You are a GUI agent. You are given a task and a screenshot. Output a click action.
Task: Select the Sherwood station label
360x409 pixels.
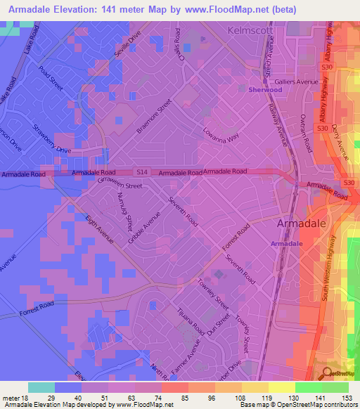(265, 90)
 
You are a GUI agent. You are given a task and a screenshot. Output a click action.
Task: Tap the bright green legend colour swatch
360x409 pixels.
(308, 387)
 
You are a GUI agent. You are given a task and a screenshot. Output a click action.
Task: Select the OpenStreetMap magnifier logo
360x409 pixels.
(327, 374)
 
